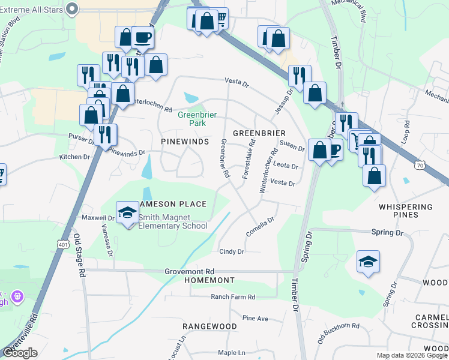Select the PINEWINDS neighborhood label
(x=184, y=142)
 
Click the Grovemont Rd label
(x=190, y=271)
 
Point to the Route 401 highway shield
(x=64, y=244)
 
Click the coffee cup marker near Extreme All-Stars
(x=142, y=38)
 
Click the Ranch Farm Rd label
(x=233, y=296)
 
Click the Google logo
(x=20, y=353)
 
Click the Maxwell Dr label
(x=98, y=218)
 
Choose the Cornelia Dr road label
(x=261, y=226)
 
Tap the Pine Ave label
(x=255, y=318)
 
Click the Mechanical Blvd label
(x=361, y=12)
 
